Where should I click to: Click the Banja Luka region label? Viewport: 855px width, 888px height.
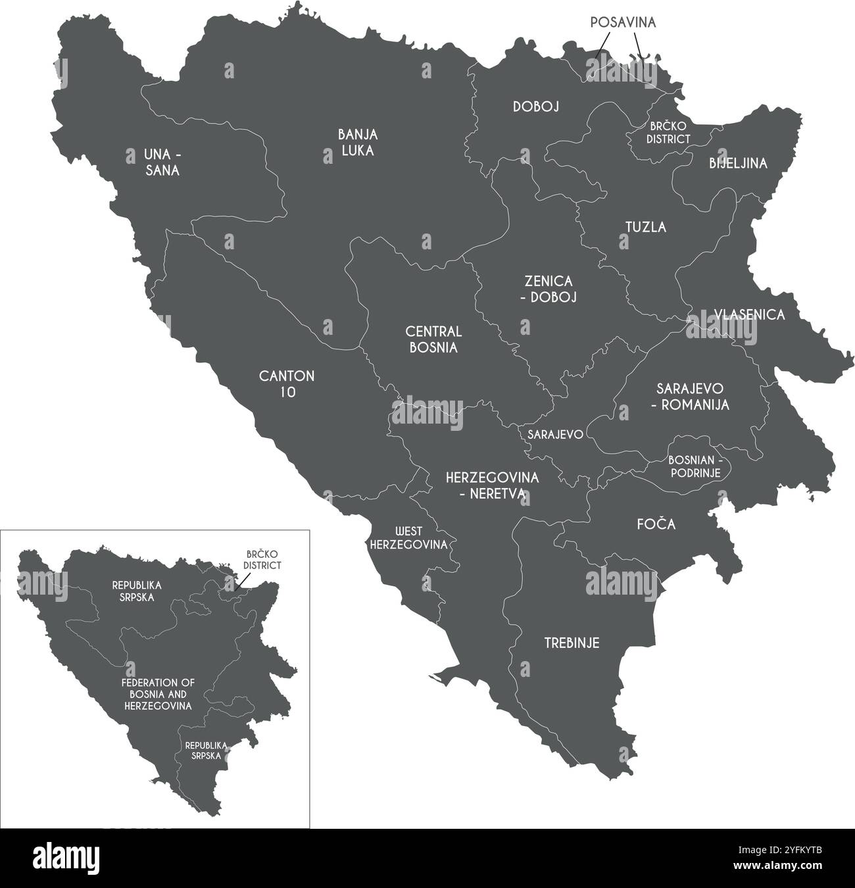pyautogui.click(x=357, y=142)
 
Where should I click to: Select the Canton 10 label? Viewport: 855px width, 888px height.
pyautogui.click(x=287, y=384)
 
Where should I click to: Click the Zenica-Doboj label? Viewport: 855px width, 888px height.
pyautogui.click(x=550, y=289)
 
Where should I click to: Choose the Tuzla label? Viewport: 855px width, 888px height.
pyautogui.click(x=645, y=228)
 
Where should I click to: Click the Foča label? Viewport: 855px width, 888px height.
pyautogui.click(x=656, y=525)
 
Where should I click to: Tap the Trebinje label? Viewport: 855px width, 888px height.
pyautogui.click(x=572, y=643)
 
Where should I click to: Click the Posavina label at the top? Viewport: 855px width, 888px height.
pyautogui.click(x=623, y=22)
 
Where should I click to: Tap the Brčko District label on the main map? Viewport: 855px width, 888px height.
pyautogui.click(x=668, y=132)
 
